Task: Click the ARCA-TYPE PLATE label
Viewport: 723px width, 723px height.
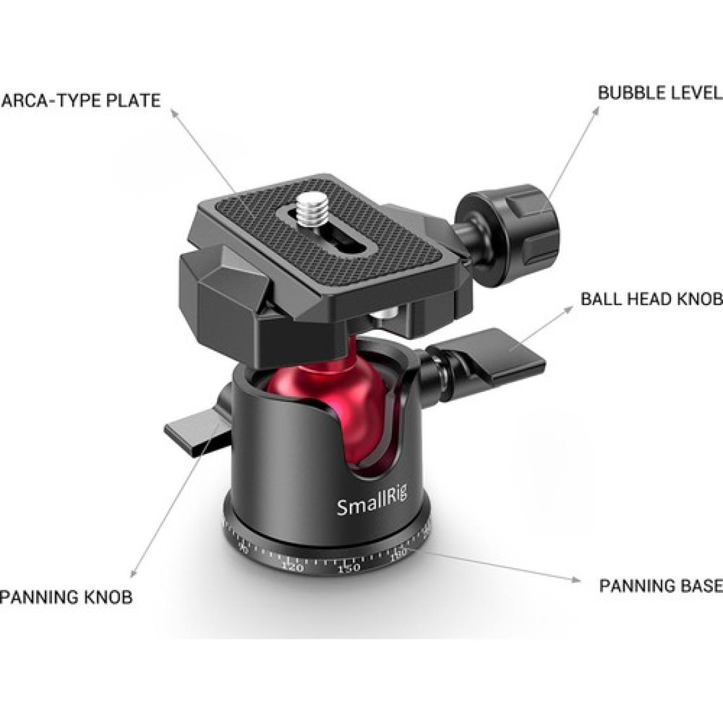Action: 81,100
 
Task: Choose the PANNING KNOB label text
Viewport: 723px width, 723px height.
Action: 67,597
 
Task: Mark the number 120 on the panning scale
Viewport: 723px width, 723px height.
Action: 292,566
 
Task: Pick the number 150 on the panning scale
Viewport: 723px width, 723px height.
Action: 349,568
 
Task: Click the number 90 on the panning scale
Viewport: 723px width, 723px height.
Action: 243,549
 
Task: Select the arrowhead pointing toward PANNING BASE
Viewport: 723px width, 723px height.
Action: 576,580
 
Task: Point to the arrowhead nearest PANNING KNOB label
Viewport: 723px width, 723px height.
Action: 133,573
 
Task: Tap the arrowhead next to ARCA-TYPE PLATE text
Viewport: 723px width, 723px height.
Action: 174,113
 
